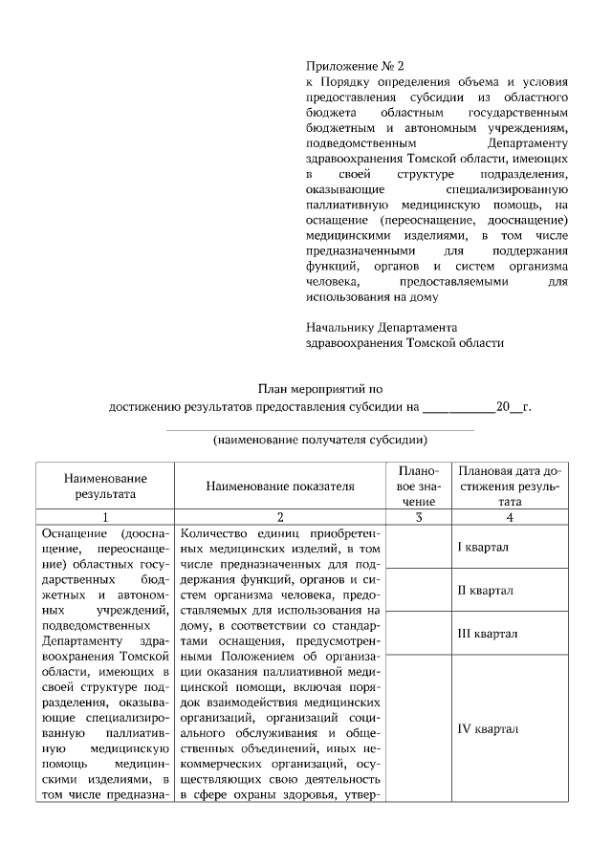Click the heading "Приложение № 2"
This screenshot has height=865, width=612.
355,67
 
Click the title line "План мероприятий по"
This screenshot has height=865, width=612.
320,389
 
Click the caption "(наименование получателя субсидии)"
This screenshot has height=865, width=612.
319,441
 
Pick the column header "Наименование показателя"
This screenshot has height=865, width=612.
279,486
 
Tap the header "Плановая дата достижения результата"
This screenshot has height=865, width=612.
510,486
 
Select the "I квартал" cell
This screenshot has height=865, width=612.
483,547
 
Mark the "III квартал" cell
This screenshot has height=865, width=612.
487,633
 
